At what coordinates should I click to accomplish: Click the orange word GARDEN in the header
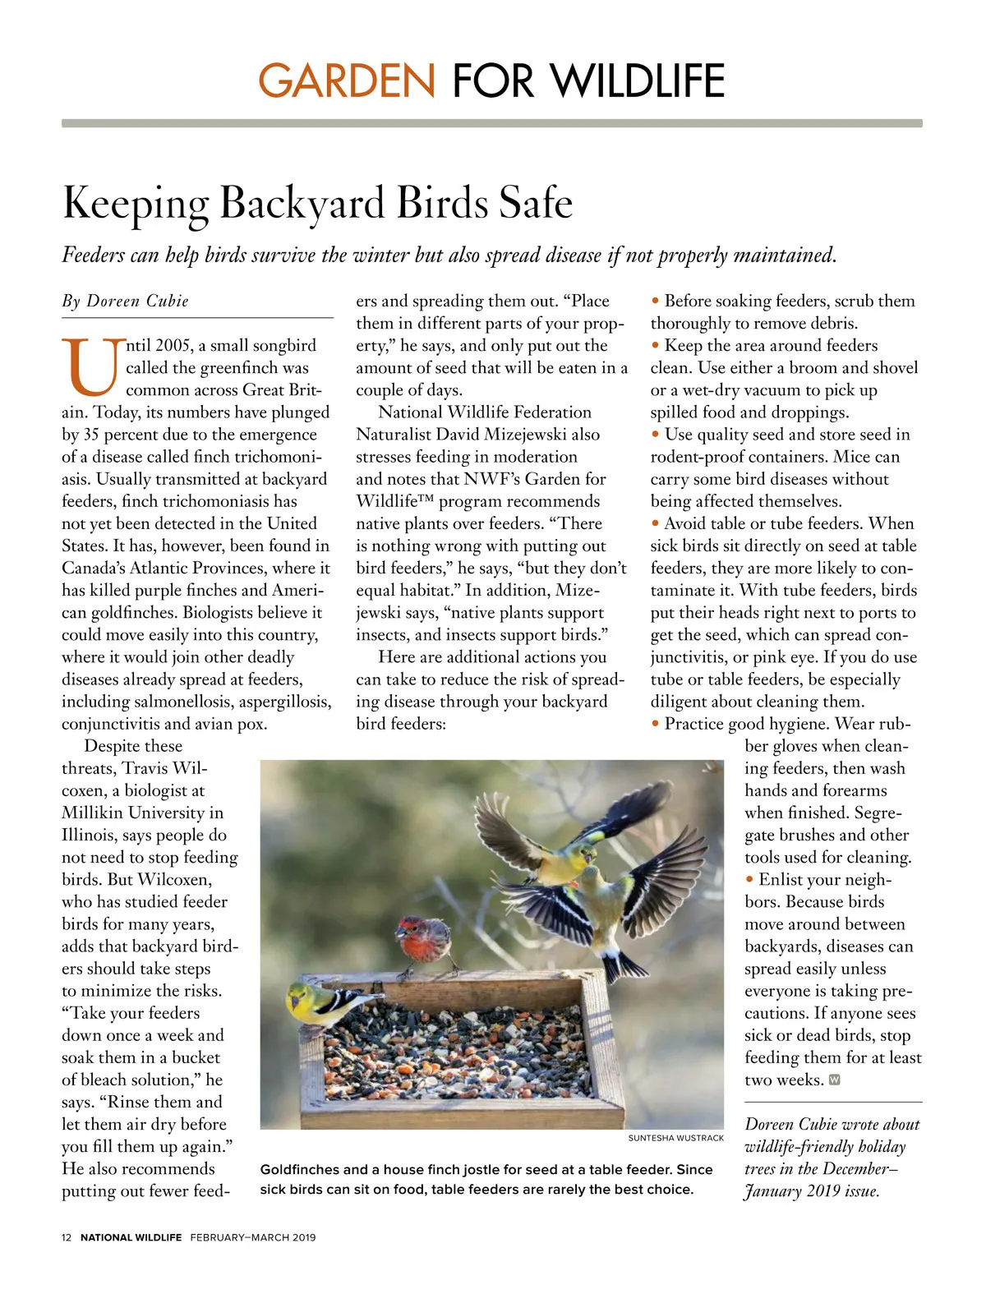pos(347,81)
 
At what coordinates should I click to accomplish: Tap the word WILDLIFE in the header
pos(638,81)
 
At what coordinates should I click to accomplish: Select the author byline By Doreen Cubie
pos(125,302)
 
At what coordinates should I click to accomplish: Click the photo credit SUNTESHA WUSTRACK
pos(676,1138)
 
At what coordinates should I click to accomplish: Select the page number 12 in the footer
pos(67,1237)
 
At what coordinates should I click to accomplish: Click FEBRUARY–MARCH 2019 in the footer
pos(253,1237)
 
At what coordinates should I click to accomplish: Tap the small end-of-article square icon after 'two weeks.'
pos(835,1080)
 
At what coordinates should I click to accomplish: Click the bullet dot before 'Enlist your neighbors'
pos(749,880)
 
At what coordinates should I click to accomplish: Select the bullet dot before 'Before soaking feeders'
pos(656,302)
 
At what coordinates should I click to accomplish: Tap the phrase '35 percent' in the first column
pos(117,435)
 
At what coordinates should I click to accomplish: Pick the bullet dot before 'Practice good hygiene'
pos(656,724)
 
